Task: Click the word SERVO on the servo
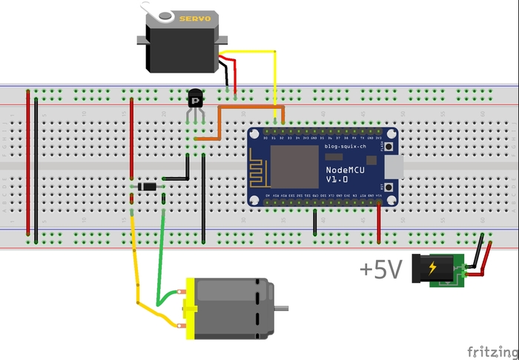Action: [196, 19]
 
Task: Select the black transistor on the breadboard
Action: [195, 98]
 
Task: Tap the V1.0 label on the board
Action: [337, 181]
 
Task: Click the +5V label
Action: [381, 270]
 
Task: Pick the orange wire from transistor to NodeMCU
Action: [219, 122]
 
